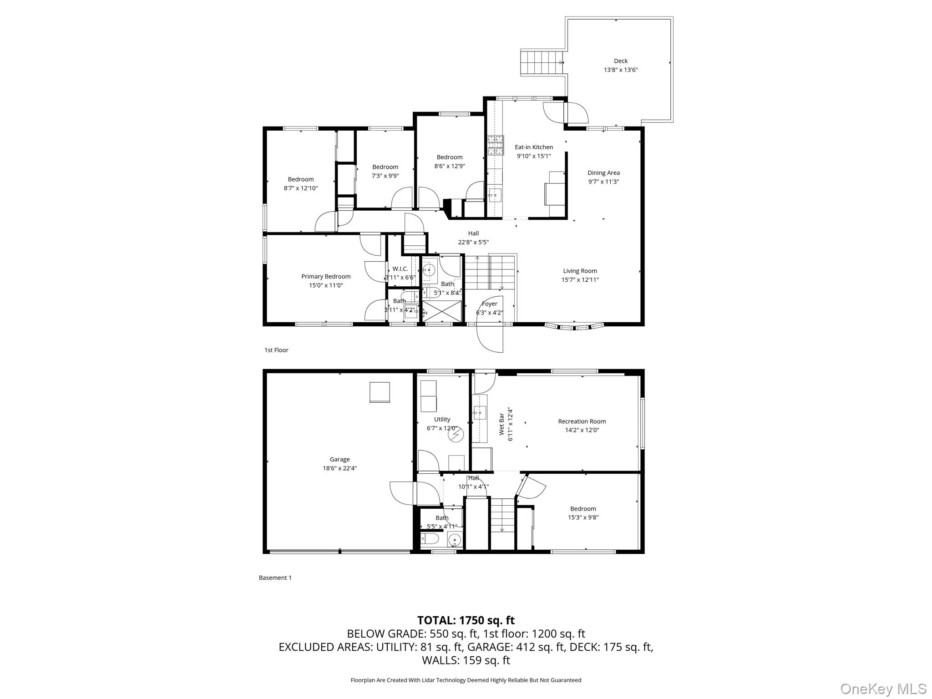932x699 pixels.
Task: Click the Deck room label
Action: pos(620,61)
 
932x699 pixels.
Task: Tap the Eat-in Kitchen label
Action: pos(534,147)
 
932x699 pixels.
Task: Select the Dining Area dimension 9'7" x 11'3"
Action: pos(603,182)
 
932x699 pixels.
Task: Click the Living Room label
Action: pos(580,271)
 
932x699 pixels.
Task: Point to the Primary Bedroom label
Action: pos(326,276)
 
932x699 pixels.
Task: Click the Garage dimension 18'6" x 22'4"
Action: pos(339,468)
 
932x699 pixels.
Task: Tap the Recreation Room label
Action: pos(582,421)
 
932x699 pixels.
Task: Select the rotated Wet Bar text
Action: pos(501,424)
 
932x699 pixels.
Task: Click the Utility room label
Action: pos(442,420)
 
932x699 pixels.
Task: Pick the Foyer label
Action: pos(490,304)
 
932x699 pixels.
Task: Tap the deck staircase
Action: pos(541,63)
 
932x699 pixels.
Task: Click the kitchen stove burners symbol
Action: pos(496,146)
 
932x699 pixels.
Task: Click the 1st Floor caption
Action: pos(276,350)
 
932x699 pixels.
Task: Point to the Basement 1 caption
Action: pos(275,577)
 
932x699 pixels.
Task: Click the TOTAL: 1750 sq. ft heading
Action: pos(466,620)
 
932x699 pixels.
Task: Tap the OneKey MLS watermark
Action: pos(883,689)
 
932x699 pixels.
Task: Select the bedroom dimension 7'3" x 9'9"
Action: pos(385,176)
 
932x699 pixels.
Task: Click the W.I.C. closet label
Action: pos(400,268)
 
